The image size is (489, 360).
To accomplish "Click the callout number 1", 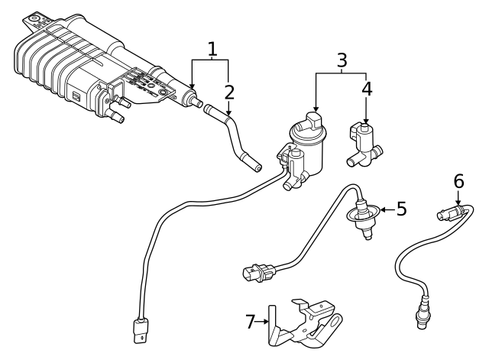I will (x=212, y=50).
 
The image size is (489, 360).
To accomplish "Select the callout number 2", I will (x=228, y=92).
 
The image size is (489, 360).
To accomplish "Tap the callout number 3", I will (x=342, y=59).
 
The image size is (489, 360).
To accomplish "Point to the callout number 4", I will (x=367, y=88).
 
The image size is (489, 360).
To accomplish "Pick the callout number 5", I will (x=401, y=208).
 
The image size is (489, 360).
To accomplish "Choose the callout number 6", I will (x=458, y=181).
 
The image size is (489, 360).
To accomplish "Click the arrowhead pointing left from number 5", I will (x=384, y=208).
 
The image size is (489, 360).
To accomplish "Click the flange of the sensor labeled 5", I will (x=360, y=218).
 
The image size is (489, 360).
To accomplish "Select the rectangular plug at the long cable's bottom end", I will (x=139, y=330).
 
